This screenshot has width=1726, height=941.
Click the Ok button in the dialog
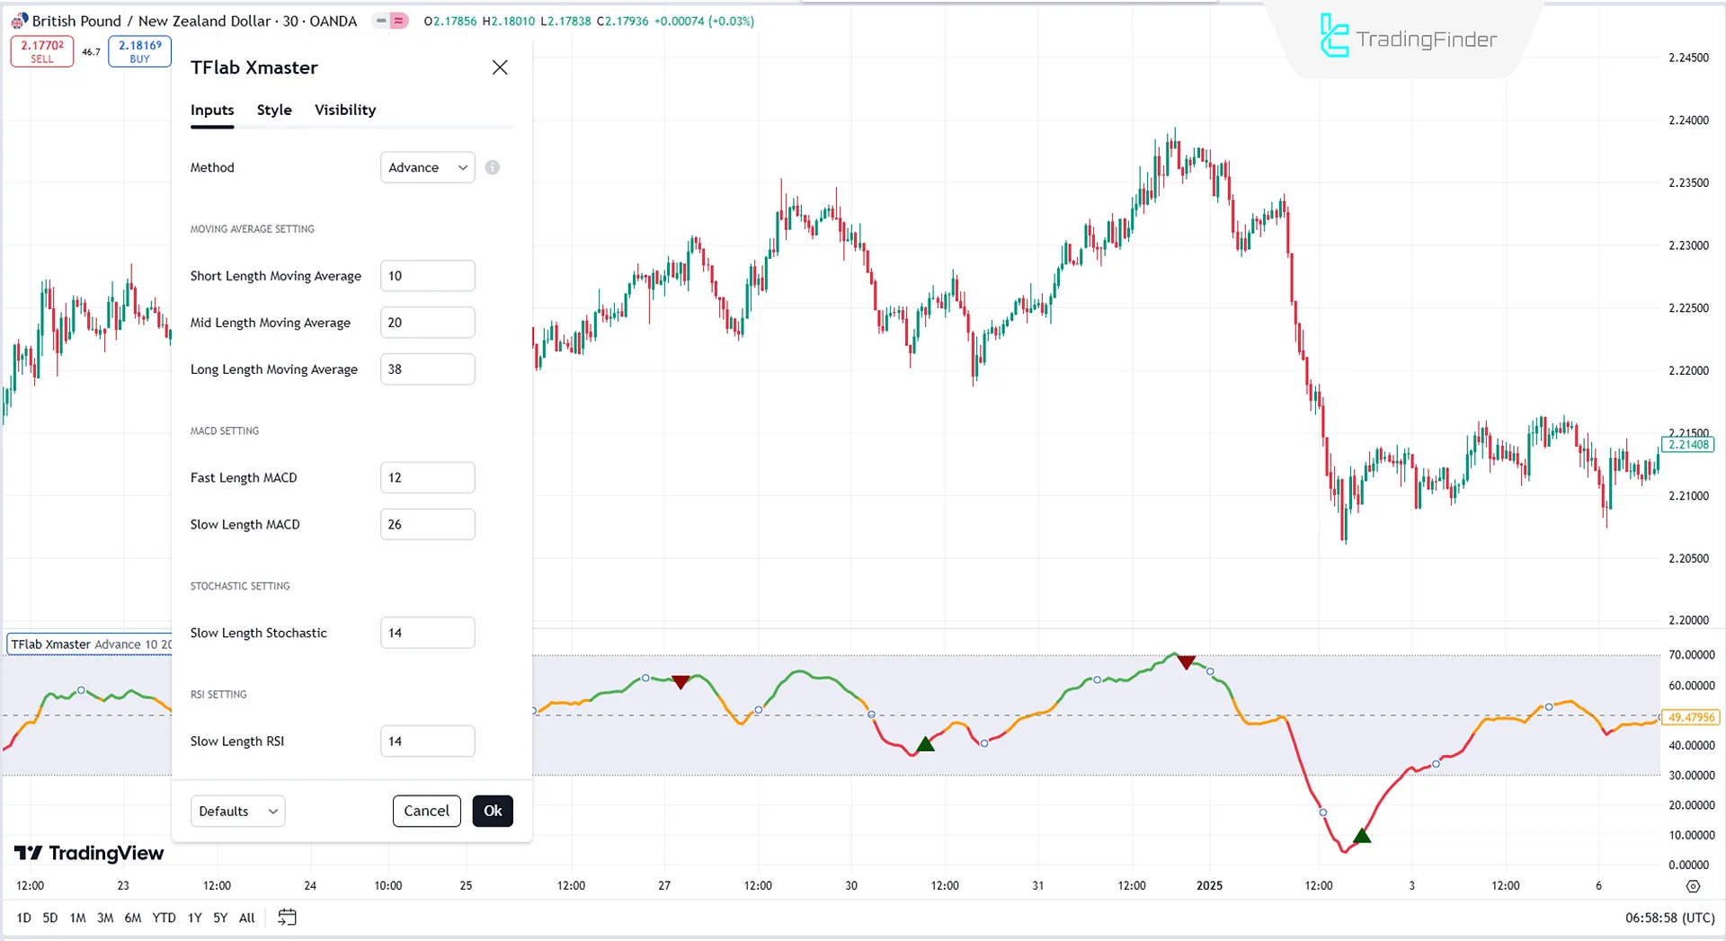pos(493,811)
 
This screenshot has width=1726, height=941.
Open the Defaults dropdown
pos(237,811)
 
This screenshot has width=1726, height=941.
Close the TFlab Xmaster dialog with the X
pos(500,67)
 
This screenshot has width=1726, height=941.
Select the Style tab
pos(274,110)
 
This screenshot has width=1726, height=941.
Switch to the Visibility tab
pos(345,110)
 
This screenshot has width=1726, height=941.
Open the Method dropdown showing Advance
pos(427,167)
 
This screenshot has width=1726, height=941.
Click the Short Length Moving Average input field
pos(427,276)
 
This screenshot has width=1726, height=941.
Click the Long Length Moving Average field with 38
pos(427,369)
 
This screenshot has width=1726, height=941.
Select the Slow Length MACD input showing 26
pos(427,524)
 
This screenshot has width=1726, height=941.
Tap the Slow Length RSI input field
pos(427,741)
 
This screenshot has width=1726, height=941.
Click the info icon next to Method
pos(493,167)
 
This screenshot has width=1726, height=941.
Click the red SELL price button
pos(42,51)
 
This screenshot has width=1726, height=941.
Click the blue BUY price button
pos(139,51)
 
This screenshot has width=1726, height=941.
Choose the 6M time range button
pos(133,918)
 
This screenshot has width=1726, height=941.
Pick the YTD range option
pos(164,918)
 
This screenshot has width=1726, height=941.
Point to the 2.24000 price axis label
pos(1688,120)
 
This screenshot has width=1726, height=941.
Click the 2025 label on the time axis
pos(1209,885)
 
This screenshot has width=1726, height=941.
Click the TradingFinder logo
pos(1408,39)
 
